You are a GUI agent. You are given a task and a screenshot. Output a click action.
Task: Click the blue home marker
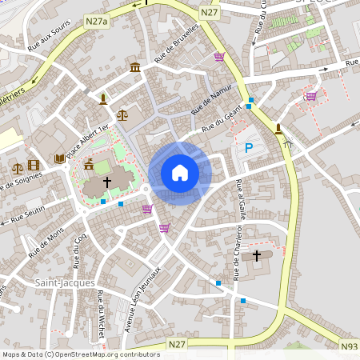180,172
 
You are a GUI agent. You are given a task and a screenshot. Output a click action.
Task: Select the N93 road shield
349,346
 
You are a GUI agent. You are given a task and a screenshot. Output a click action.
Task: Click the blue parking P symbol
248,147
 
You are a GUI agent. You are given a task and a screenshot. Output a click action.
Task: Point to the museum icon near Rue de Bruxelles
135,67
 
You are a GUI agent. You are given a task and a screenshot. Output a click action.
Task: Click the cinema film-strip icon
33,166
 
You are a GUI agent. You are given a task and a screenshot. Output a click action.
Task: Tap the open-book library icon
59,159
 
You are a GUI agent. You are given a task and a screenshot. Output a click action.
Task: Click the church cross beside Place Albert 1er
107,182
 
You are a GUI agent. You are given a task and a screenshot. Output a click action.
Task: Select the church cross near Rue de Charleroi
257,256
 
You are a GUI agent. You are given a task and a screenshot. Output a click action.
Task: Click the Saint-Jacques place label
65,283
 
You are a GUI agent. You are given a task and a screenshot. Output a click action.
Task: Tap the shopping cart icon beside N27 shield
219,57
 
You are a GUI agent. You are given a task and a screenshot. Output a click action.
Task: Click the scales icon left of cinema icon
17,168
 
